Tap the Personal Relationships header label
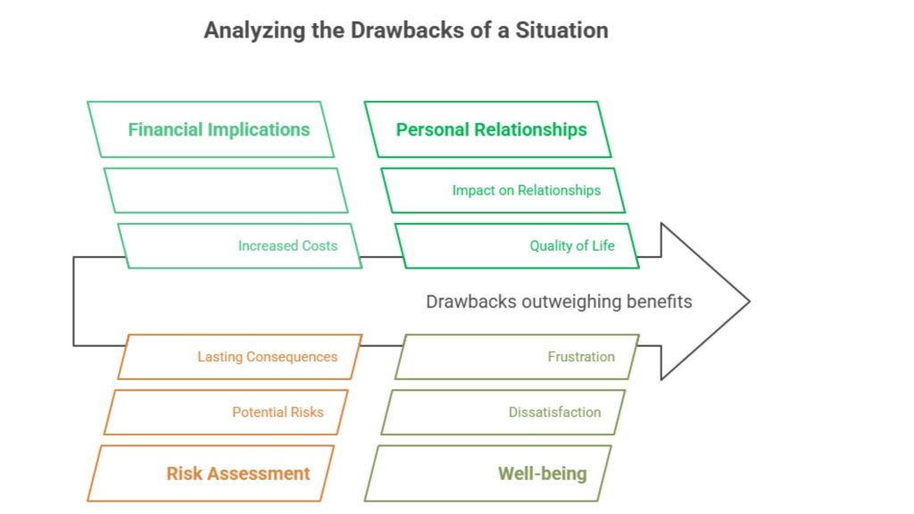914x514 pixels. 491,129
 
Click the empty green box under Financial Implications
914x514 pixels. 225,190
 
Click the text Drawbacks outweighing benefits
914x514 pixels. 559,302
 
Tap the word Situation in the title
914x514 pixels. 558,30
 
